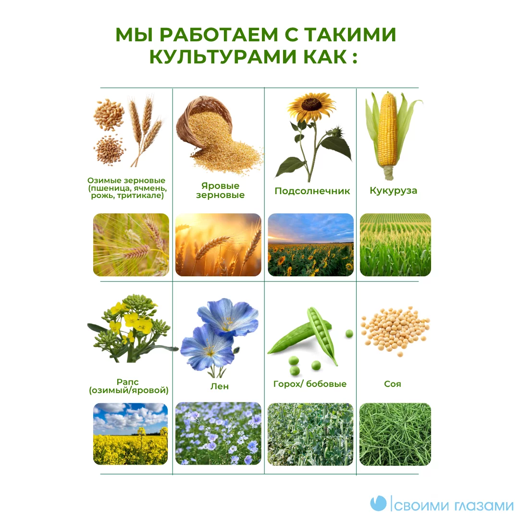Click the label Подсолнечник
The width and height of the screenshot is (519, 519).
pos(312,191)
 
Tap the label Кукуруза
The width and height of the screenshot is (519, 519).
pos(393,191)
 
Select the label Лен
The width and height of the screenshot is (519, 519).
pos(220,386)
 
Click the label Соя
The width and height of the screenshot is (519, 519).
pos(393,384)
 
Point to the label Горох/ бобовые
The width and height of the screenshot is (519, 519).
pos(310,384)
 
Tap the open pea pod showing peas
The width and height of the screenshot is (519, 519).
pos(321,334)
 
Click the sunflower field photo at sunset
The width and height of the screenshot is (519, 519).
pos(310,245)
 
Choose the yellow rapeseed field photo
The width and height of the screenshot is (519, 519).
pos(130,434)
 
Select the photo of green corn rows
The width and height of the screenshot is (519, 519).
pos(395,245)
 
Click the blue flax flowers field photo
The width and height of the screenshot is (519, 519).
pos(218,434)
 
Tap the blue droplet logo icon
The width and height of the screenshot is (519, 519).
pos(378,504)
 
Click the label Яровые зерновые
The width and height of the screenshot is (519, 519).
pos(220,190)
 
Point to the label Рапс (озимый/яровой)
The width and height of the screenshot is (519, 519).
pos(128,386)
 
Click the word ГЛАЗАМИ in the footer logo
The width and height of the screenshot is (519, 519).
pos(484,506)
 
